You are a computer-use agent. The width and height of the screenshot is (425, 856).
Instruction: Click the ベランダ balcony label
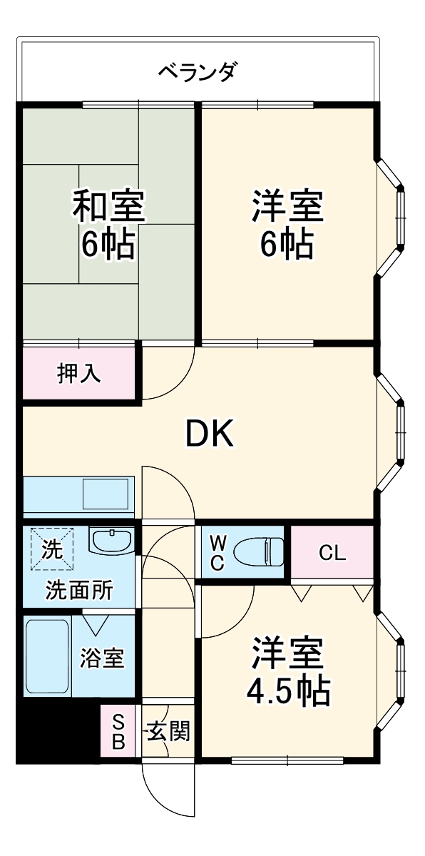point(197,71)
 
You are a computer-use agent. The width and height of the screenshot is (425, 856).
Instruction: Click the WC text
point(217,552)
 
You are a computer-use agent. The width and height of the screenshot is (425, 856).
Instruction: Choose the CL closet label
point(332,553)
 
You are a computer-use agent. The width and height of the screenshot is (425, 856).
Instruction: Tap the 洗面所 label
point(79,590)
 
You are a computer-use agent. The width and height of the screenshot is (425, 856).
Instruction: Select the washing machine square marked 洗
point(51,548)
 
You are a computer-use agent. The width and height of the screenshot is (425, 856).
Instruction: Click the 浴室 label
point(102,657)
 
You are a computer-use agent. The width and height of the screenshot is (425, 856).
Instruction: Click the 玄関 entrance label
point(168,730)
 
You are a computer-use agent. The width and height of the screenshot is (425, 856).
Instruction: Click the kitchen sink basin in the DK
point(106,493)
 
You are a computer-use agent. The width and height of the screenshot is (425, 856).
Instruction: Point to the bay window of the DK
point(394,431)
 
